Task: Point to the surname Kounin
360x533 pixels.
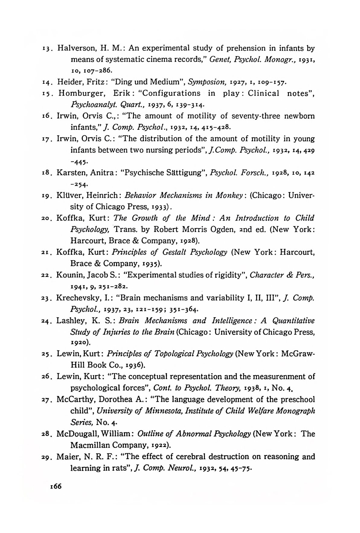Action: tap(69, 275)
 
